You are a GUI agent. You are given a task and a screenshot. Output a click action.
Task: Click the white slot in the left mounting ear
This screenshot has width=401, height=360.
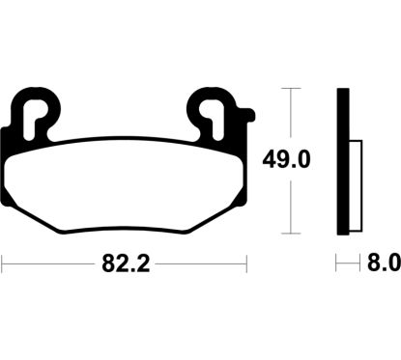coord(39,117)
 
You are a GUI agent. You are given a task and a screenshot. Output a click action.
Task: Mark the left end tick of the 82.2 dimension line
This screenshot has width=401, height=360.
coord(3,262)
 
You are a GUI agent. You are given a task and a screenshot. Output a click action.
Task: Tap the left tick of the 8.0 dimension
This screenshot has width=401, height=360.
coord(337,262)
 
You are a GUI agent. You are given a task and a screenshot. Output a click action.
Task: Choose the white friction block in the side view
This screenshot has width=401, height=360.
coord(353,184)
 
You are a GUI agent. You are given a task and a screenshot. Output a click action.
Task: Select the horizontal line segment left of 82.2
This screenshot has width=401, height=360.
coord(48,262)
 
